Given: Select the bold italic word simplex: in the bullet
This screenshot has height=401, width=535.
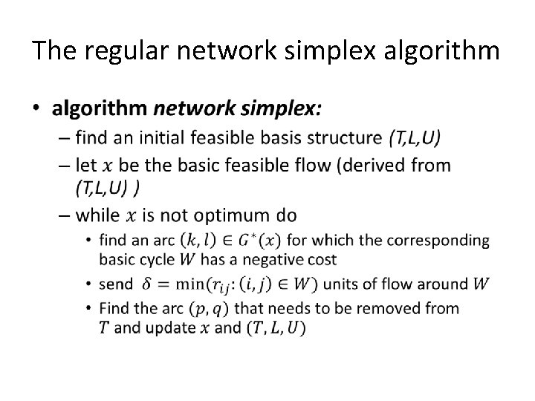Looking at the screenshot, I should click(285, 109).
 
